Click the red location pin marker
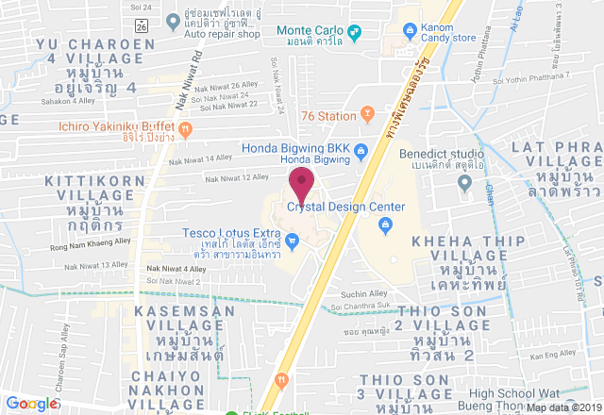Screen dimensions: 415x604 coord(302,182)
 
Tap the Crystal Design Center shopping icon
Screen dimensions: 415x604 coord(385,224)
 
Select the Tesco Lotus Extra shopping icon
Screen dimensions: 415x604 coord(293,242)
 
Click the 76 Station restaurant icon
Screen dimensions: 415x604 coord(367,116)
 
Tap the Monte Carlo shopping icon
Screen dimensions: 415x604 coord(354,36)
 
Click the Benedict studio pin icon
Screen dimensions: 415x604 coord(464,184)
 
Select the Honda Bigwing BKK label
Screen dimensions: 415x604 coord(295,148)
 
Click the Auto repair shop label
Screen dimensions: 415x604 coord(223,34)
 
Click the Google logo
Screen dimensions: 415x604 coord(31,404)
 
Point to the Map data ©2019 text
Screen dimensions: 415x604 coord(563,407)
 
